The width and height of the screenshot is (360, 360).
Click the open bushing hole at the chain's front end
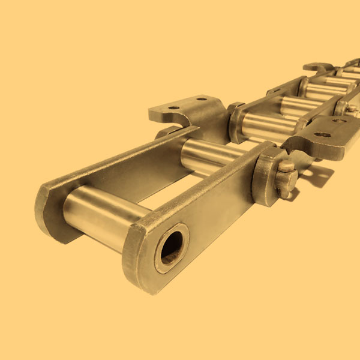pos(172,246)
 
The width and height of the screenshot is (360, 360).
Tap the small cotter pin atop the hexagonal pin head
pos(287,165)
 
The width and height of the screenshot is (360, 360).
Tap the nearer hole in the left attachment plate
pos(173,109)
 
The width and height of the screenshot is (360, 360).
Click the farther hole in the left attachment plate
pos(201,98)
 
